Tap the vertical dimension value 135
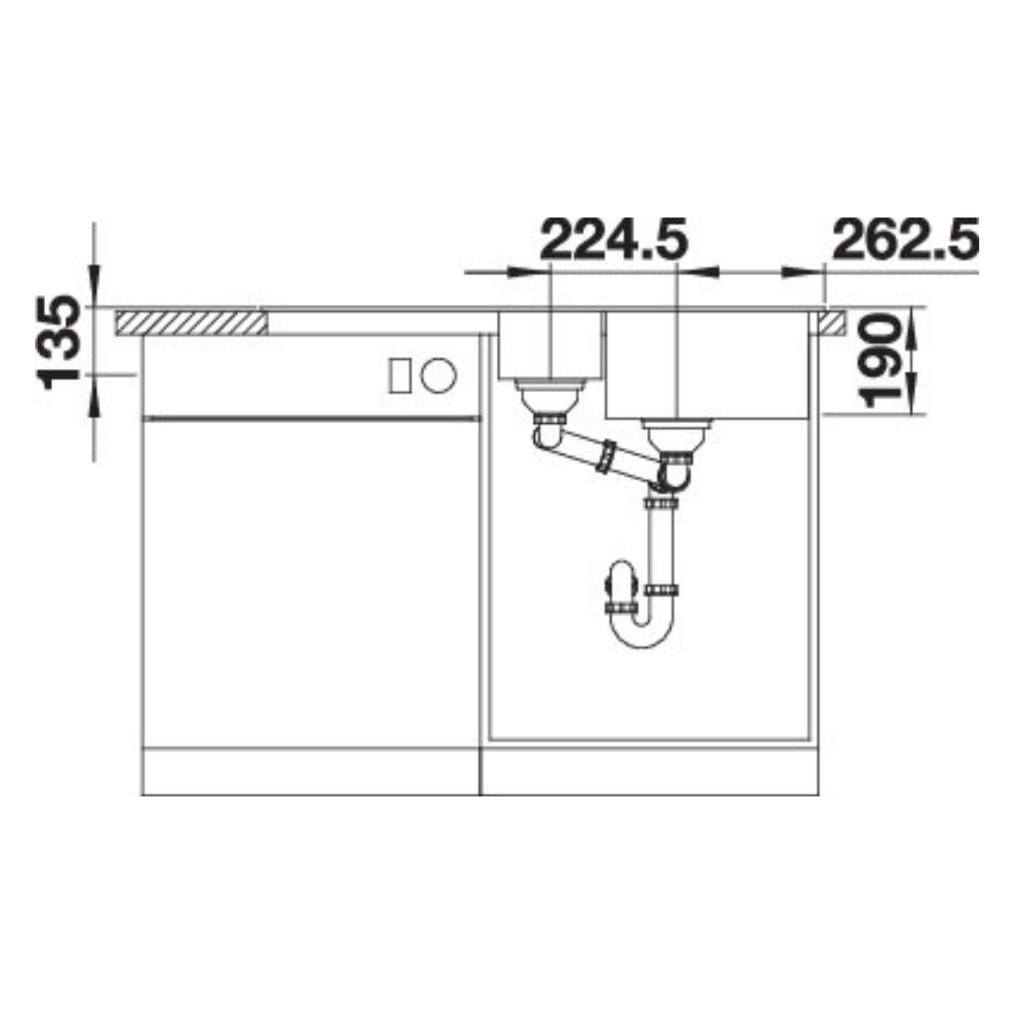62,342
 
